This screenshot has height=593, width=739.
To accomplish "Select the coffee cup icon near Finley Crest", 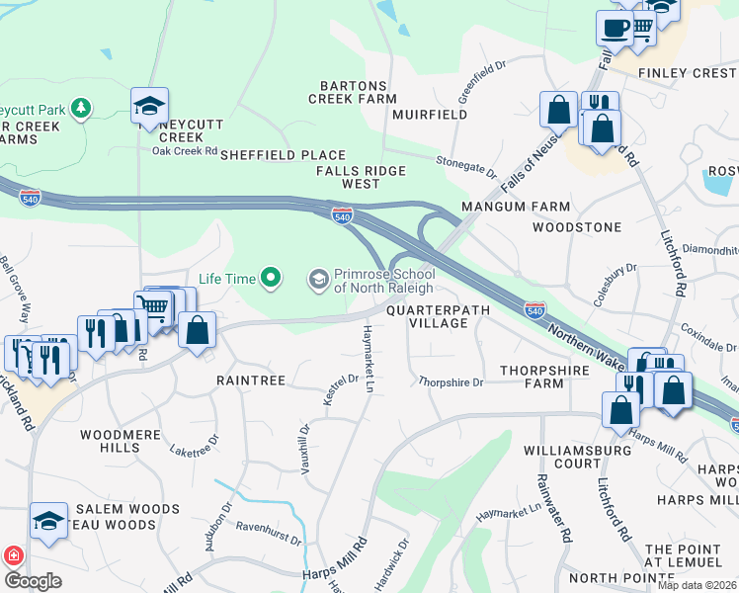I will tap(615, 29).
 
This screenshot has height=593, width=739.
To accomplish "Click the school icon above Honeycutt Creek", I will tap(149, 106).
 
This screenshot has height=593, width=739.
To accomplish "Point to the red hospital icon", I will tap(12, 555).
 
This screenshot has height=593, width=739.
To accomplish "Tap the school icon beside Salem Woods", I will tap(48, 521).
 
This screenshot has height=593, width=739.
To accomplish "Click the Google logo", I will tap(34, 581).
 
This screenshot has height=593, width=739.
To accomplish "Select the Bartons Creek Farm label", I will tap(353, 92).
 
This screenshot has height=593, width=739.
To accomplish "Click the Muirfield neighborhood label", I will tap(430, 115).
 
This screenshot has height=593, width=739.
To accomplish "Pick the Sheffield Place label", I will tap(283, 155).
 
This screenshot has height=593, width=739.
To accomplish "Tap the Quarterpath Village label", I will tap(426, 316).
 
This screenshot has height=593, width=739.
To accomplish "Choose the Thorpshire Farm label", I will tap(532, 377).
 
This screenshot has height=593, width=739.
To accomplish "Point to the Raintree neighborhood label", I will tap(251, 380).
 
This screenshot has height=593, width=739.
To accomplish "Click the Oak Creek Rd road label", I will tap(184, 151).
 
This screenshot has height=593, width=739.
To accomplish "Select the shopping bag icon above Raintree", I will tap(198, 331).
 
